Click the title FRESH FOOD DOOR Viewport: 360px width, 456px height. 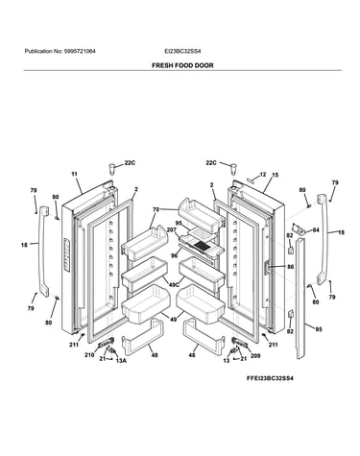coord(182,65)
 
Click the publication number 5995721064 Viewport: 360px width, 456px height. coord(80,51)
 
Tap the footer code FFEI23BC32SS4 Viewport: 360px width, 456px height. coord(270,378)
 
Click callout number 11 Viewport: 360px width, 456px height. coord(74,174)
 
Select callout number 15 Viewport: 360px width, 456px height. coord(276,175)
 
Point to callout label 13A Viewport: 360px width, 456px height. coord(121,361)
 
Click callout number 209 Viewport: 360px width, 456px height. coord(255,355)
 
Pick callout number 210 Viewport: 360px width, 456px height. coord(89,355)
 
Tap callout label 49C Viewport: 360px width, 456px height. coord(174,284)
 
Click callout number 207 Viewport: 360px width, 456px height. coord(172,229)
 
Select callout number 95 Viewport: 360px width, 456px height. coord(179,223)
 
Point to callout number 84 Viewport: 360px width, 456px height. coord(316,229)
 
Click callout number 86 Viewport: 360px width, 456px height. coord(290,266)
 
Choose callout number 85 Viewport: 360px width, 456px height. coord(319,329)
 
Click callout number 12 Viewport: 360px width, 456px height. coord(263,175)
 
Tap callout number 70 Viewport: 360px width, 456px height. coord(156,210)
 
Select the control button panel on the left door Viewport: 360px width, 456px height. coord(66,255)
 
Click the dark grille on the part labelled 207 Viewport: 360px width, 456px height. coord(201,246)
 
